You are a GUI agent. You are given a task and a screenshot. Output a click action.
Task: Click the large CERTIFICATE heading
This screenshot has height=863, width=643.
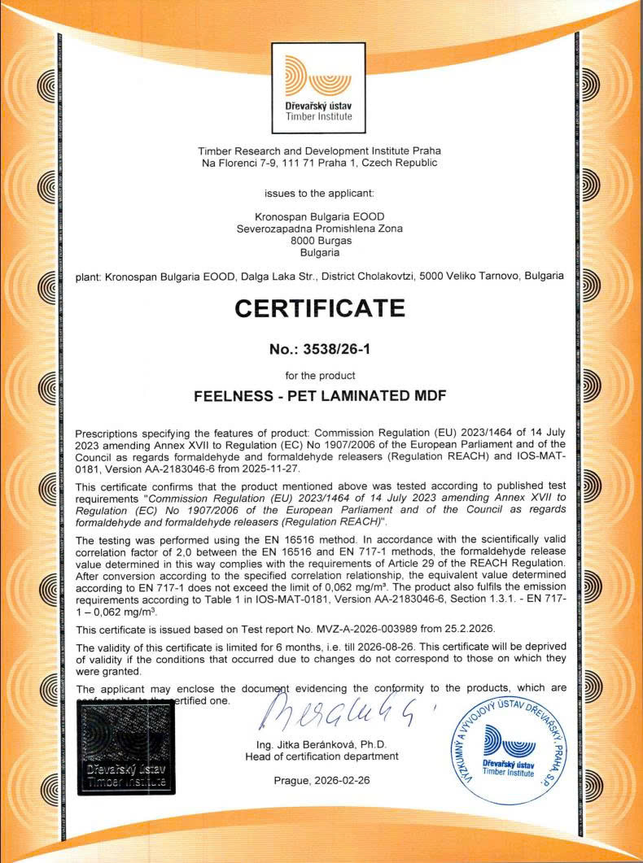pyautogui.click(x=320, y=308)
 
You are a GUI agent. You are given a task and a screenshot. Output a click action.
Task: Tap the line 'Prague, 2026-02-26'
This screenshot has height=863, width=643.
pyautogui.click(x=321, y=780)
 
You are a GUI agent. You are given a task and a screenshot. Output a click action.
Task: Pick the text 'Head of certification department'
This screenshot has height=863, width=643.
pyautogui.click(x=321, y=756)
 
